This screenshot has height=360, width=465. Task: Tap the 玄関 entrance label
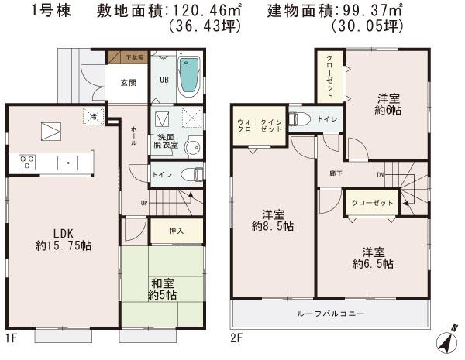coord(128,82)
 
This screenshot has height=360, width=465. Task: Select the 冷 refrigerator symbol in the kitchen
coord(92,117)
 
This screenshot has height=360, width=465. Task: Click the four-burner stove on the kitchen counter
coord(26,163)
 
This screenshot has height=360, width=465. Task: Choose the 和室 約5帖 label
coord(162,289)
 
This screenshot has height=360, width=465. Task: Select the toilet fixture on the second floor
coord(298,119)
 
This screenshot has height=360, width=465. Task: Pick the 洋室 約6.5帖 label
coord(373,258)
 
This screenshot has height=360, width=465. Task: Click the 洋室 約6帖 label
coord(387,105)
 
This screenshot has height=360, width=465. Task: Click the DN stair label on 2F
coord(381,176)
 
